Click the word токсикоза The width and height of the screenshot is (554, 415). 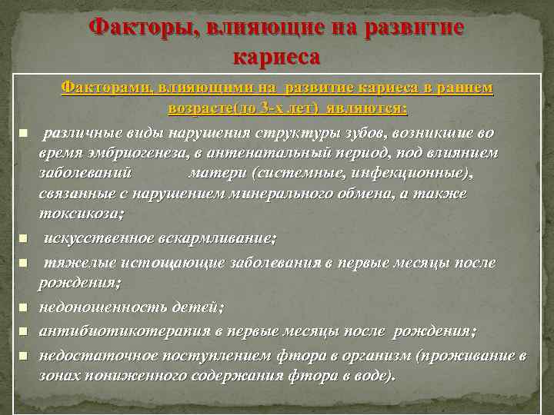79,213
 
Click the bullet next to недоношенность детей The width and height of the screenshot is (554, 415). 24,308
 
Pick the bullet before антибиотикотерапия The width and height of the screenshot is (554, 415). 24,332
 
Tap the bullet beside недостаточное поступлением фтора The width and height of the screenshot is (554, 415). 24,357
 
